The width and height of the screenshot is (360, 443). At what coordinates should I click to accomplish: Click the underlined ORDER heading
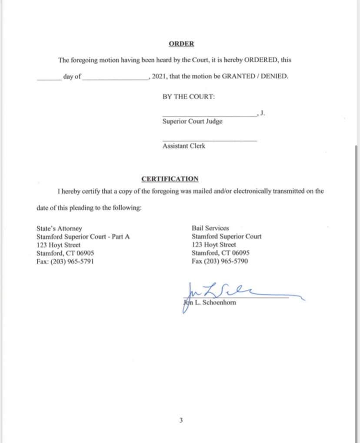[x=181, y=44]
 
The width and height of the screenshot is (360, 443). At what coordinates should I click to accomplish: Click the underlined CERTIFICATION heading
[x=170, y=179]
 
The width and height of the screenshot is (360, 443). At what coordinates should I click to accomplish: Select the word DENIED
[x=274, y=76]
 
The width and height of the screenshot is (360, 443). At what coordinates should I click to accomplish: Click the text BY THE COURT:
[x=189, y=97]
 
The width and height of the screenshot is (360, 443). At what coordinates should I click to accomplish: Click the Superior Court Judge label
[x=192, y=121]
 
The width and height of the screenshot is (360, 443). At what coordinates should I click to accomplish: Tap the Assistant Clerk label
[x=183, y=146]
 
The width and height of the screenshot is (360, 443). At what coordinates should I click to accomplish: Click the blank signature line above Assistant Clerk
[x=210, y=140]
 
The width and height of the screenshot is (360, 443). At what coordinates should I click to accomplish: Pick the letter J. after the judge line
[x=263, y=114]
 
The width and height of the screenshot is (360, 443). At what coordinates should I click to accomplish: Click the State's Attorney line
[x=59, y=228]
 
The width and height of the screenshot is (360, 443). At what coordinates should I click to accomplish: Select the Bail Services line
[x=210, y=228]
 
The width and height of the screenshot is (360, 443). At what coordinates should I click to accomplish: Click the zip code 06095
[x=240, y=253]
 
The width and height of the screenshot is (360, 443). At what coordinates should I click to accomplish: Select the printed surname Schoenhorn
[x=219, y=302]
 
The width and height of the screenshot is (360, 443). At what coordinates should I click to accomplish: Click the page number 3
[x=181, y=420]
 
